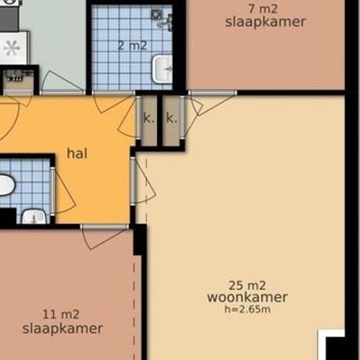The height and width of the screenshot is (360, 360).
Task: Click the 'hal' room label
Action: click(x=77, y=153)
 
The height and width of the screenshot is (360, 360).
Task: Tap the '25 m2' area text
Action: click(x=247, y=285)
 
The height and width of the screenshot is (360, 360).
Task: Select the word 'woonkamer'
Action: click(x=247, y=297)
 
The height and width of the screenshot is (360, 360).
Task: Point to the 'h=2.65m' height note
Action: click(x=247, y=309)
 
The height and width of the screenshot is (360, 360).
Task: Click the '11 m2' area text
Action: click(x=61, y=314)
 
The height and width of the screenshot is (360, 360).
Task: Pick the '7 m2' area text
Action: click(x=263, y=9)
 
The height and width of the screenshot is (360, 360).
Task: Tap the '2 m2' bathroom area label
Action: click(x=132, y=45)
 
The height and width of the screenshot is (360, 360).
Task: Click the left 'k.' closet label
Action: click(x=149, y=118)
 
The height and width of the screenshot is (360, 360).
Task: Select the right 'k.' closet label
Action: click(x=171, y=118)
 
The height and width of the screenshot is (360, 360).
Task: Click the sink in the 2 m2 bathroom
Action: click(x=162, y=69)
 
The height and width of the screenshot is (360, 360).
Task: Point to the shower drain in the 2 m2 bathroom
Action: click(x=157, y=14)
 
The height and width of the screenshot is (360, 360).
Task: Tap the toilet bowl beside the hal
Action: click(x=6, y=185)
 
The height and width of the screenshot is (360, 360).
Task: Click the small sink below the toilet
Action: click(x=34, y=216)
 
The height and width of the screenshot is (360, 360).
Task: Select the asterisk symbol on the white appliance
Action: click(x=12, y=48)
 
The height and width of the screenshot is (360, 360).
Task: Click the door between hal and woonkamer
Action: click(x=143, y=181)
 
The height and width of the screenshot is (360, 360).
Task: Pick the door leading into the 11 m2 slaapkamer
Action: click(x=105, y=236)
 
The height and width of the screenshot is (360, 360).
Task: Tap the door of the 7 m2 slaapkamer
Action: click(x=212, y=102)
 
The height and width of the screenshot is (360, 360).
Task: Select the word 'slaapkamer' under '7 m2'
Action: click(x=265, y=22)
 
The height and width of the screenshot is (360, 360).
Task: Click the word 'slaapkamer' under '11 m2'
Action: click(x=62, y=329)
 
